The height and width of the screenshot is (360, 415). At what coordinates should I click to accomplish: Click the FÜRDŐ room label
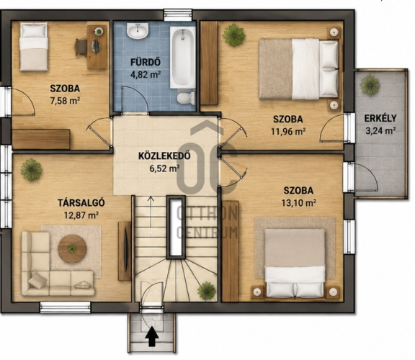tap(146, 62)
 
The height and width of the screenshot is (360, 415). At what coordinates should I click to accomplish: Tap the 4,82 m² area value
tap(146, 74)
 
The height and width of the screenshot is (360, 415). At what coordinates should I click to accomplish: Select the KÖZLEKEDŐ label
tap(164, 156)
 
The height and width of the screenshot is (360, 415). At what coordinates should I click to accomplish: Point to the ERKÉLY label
tap(380, 118)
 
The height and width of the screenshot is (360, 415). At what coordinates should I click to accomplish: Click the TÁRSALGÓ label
tap(81, 202)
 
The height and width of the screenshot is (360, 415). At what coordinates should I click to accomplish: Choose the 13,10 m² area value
tap(298, 203)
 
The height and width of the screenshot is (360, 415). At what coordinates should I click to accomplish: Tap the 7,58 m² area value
tap(65, 101)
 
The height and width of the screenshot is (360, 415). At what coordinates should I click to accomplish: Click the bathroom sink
tap(138, 30)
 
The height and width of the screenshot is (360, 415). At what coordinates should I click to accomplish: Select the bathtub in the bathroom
tap(182, 58)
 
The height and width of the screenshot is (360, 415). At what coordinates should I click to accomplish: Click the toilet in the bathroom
tap(186, 98)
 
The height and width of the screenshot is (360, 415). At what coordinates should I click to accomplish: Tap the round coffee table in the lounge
tap(72, 248)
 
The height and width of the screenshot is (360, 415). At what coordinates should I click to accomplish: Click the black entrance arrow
tap(153, 336)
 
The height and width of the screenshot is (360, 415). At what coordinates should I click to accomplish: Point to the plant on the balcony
tap(370, 85)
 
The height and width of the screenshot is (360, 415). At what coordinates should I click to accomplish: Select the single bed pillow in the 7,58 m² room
tap(33, 31)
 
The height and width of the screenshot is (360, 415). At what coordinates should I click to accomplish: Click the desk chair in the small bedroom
tap(81, 47)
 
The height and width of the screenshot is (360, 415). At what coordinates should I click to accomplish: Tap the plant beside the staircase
tap(207, 291)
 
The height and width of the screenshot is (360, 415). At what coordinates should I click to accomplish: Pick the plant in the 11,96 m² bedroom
tap(233, 35)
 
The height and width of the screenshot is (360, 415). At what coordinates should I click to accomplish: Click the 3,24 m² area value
tap(380, 130)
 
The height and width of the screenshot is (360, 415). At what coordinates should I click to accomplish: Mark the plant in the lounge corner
tap(32, 169)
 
